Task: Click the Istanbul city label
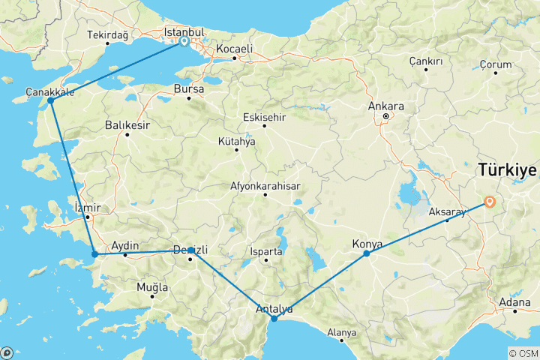pyautogui.click(x=184, y=32)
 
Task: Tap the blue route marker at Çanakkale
pyautogui.click(x=50, y=100)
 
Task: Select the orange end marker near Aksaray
pyautogui.click(x=490, y=201)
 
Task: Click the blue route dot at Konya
pyautogui.click(x=367, y=253)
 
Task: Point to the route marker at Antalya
pyautogui.click(x=274, y=319)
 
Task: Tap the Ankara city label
pyautogui.click(x=386, y=106)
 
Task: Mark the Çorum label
pyautogui.click(x=494, y=65)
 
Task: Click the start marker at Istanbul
pyautogui.click(x=184, y=42)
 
